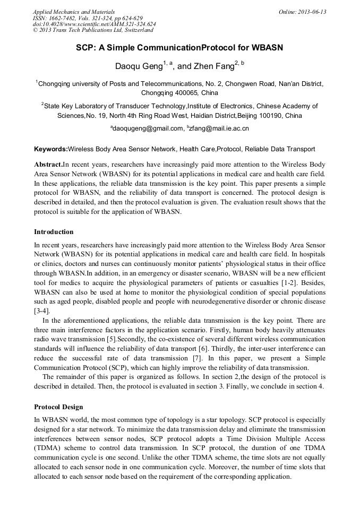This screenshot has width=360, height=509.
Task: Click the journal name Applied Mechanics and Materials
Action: coord(74,12)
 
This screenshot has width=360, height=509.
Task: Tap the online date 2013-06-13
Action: coord(312,12)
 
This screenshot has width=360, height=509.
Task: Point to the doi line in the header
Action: coord(94,24)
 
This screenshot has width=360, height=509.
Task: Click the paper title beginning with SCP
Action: coord(179,48)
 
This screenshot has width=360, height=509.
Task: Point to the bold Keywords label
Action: coord(51,149)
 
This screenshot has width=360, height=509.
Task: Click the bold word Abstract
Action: coord(48,165)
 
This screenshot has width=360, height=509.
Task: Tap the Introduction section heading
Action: coord(54,232)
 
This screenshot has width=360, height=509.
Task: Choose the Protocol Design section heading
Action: coord(58,407)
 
